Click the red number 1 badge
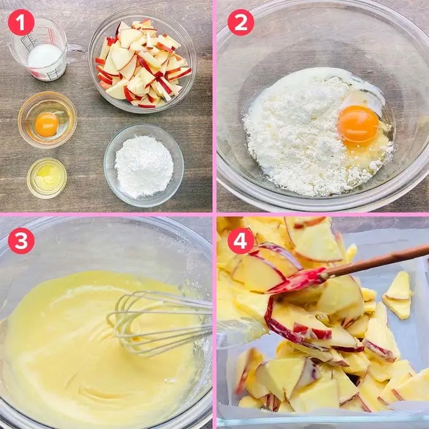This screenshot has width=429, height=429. pos(21,23)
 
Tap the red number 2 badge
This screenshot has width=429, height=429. pos(241,23)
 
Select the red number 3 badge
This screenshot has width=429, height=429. pos(21,241)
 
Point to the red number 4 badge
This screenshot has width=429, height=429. pos(241,241)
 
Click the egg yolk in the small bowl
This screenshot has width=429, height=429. pos(47,124)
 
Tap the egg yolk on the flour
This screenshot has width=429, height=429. pos(358,126)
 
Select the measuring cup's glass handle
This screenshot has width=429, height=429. pos(75,50)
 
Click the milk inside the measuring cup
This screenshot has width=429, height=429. pos(45,56)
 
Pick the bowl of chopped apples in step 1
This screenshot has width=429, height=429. pos(142,61)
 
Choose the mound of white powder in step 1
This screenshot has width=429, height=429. pos(144,165)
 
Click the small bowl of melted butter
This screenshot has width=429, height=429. pos(47,178)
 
